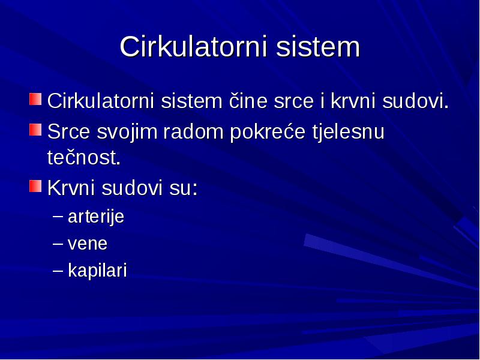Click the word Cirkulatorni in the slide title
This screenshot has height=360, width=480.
pyautogui.click(x=193, y=47)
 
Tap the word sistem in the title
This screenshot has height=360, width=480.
pyautogui.click(x=318, y=47)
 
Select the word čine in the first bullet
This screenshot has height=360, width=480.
pyautogui.click(x=248, y=100)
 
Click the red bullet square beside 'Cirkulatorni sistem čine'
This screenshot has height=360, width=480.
pyautogui.click(x=35, y=99)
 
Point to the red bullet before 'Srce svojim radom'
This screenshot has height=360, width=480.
pyautogui.click(x=35, y=130)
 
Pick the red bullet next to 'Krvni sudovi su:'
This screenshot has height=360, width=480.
pyautogui.click(x=35, y=186)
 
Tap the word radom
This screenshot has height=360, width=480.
pyautogui.click(x=193, y=131)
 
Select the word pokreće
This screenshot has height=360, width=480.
pyautogui.click(x=268, y=132)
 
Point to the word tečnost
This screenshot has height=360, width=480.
pyautogui.click(x=83, y=157)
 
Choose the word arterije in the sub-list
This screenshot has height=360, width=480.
pyautogui.click(x=96, y=217)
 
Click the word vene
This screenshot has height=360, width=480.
pyautogui.click(x=88, y=244)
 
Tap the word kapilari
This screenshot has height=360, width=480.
pyautogui.click(x=97, y=271)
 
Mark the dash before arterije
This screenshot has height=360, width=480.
pyautogui.click(x=58, y=216)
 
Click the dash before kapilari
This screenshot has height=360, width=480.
pyautogui.click(x=58, y=269)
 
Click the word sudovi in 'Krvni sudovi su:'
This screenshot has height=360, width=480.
pyautogui.click(x=131, y=187)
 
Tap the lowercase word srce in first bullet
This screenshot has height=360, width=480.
pyautogui.click(x=294, y=101)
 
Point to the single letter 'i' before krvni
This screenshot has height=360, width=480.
pyautogui.click(x=322, y=100)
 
